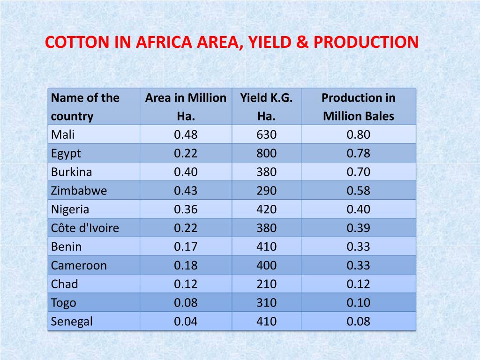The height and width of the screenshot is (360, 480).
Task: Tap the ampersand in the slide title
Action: pos(304,42)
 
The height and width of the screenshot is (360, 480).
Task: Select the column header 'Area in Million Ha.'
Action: pos(186,107)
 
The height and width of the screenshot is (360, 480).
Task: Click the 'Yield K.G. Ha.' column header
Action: pos(266,107)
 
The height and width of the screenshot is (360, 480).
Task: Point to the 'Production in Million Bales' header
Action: pos(358,107)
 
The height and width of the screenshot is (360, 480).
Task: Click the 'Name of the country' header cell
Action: pos(85,107)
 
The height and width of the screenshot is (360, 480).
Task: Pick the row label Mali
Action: pos(63,135)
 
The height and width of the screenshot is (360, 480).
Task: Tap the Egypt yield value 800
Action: pos(266,153)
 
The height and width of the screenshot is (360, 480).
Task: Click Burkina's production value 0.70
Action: pos(358,172)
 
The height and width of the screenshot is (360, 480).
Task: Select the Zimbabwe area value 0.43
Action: pos(186,191)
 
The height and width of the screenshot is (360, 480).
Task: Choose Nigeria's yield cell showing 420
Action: pos(266,209)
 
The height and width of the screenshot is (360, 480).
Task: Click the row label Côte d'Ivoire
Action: pos(85,228)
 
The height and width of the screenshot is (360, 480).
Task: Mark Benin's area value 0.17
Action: pos(186,247)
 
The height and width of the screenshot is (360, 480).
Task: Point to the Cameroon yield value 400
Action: pos(266,265)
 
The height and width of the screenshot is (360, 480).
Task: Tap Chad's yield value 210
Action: pos(266,284)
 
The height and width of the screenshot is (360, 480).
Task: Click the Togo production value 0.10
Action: pos(358,303)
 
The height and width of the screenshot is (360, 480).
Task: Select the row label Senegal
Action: pos(72,322)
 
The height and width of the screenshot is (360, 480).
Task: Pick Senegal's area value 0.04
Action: pos(186,322)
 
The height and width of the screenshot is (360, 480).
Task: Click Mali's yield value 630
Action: pos(266,135)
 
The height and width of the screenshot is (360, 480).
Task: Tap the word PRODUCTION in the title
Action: pos(366,42)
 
